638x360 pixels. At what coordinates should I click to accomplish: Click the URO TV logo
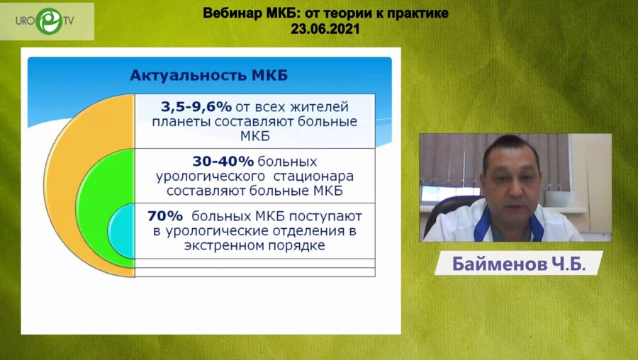(x=47, y=21)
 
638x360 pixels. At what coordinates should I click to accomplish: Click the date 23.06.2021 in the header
(x=325, y=29)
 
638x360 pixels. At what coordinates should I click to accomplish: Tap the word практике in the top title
(x=420, y=13)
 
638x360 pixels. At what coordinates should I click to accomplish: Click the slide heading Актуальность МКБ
(x=209, y=75)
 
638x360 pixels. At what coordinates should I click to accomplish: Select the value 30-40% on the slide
(x=223, y=161)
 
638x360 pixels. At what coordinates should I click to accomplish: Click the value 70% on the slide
(x=164, y=215)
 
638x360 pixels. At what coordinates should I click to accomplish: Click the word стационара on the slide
(x=318, y=175)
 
